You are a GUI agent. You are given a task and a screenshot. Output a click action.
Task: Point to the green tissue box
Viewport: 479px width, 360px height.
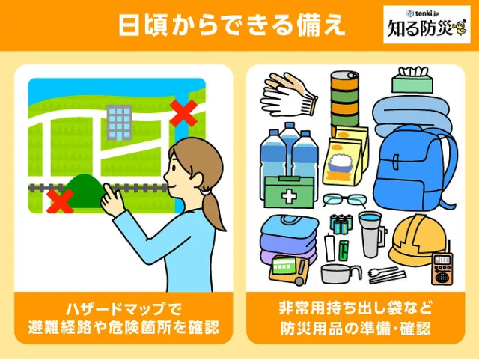point(412,80)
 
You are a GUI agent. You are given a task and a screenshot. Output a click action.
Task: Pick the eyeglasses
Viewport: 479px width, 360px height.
point(344,200)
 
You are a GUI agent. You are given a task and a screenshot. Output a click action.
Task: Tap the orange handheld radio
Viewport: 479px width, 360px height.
point(442,267)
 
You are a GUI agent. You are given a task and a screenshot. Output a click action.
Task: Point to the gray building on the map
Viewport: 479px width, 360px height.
point(119,123)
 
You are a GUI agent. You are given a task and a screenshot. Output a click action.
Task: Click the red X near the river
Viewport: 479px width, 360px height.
point(183,113)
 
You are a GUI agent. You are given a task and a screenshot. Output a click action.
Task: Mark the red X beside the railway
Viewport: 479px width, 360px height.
point(60,201)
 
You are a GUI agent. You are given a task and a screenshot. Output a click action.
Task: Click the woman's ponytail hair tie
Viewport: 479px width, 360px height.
point(206,192)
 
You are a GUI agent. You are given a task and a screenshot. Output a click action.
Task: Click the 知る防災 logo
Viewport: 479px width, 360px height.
point(427,25)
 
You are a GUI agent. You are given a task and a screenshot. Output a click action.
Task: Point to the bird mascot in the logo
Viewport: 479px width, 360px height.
point(460,28)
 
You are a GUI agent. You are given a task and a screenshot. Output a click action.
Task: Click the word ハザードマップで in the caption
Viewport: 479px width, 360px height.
point(123,309)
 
